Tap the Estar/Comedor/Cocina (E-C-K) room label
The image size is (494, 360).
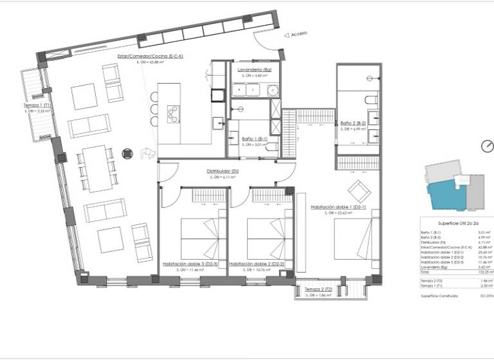pyautogui.click(x=151, y=56)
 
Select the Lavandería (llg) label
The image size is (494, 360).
pyautogui.click(x=254, y=69)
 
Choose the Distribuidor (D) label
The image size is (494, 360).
pyautogui.click(x=223, y=172)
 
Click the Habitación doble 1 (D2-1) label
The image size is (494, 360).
pyautogui.click(x=338, y=207)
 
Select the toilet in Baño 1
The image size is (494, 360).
pyautogui.click(x=272, y=148)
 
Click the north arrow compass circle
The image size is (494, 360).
pyautogui.click(x=487, y=145)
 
